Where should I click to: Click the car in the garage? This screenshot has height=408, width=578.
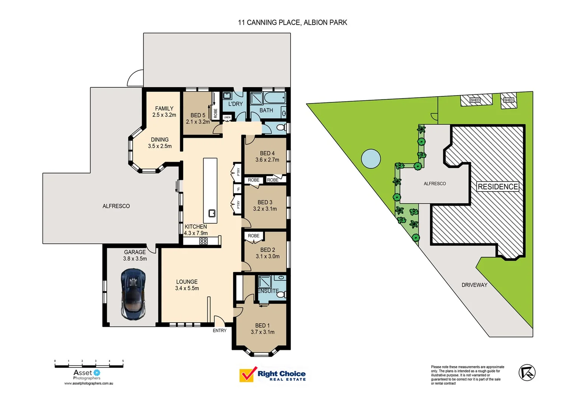133,294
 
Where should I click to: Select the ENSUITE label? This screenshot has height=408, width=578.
268,291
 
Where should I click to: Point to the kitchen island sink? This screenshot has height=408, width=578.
212,213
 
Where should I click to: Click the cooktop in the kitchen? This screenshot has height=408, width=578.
204,241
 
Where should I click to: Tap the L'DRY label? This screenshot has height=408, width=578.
235,104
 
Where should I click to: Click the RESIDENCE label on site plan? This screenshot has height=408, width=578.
497,187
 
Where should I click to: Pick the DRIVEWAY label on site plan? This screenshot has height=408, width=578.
474,285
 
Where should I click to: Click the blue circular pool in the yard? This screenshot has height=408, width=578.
371,159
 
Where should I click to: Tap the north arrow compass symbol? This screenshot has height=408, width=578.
527,373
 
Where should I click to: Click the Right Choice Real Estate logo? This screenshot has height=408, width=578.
273,375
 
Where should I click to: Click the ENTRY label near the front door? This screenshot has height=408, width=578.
219,331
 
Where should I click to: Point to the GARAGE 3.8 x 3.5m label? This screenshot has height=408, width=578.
135,255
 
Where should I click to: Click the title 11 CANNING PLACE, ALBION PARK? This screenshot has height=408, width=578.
292,23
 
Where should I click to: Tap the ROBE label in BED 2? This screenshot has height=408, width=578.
253,236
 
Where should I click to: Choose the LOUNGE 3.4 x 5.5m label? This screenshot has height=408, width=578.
187,285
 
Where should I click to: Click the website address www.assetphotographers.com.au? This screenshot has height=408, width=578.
89,383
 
